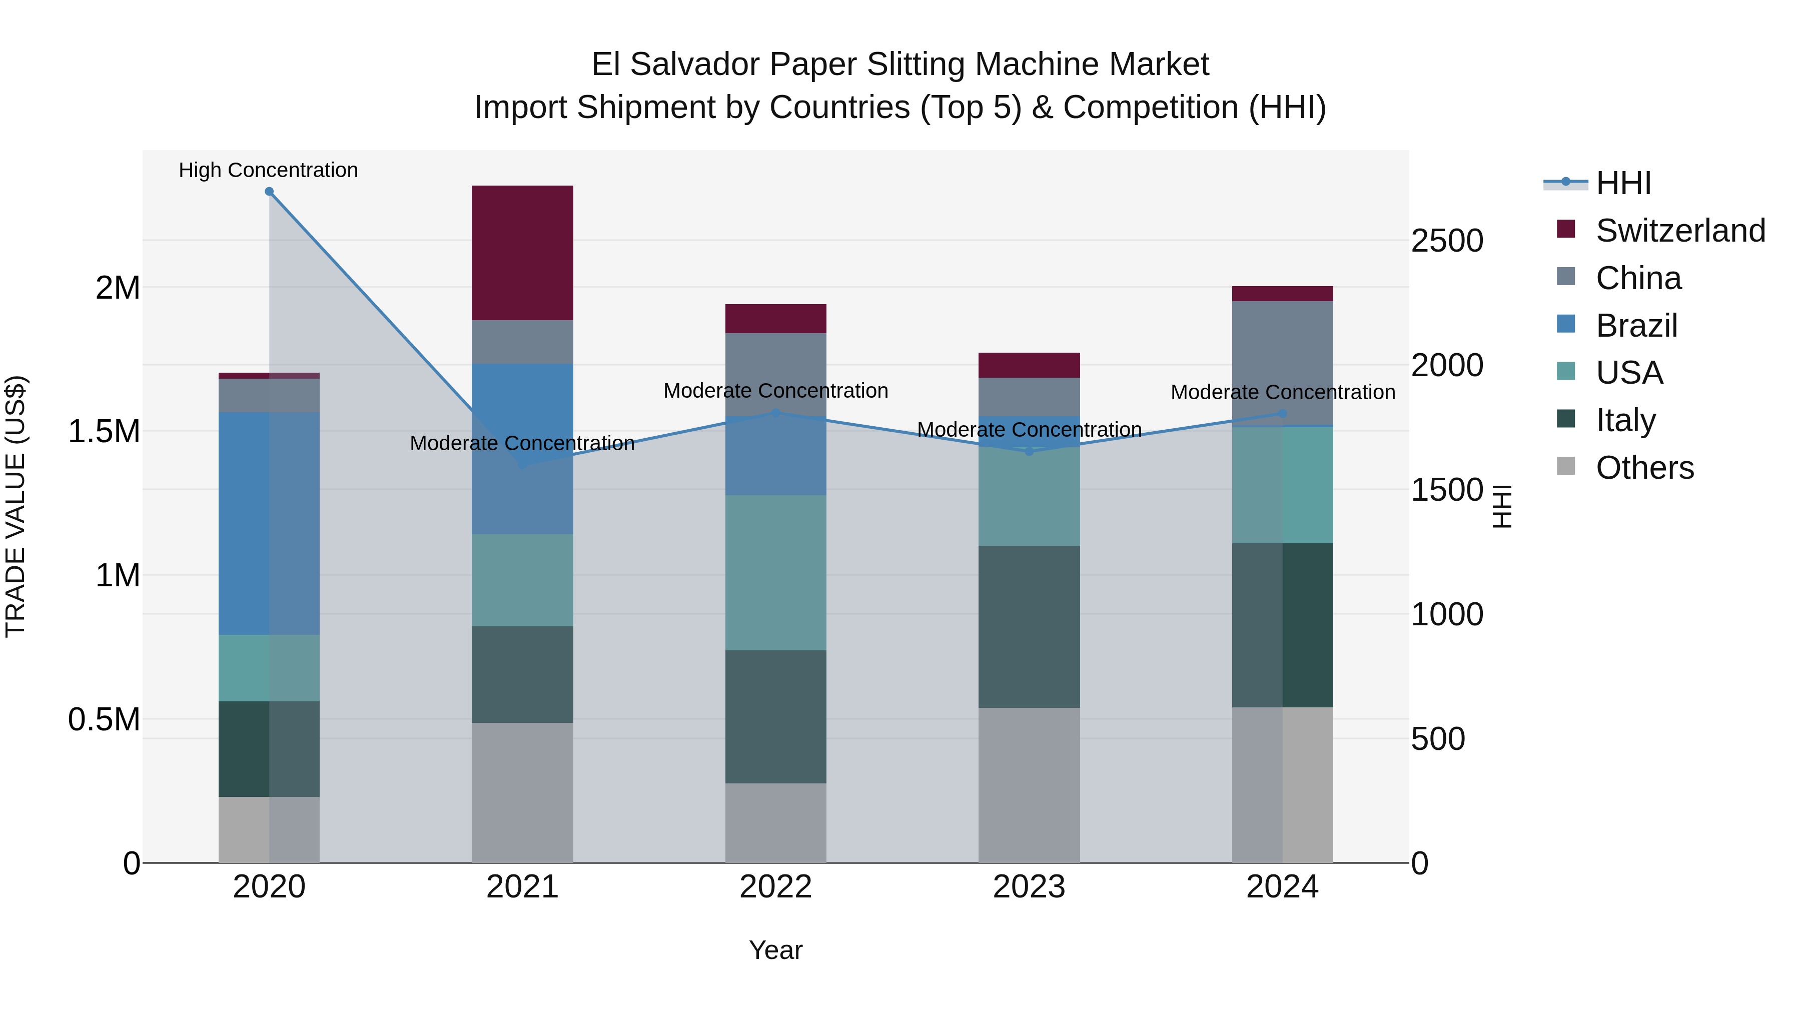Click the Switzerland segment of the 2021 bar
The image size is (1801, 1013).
(522, 253)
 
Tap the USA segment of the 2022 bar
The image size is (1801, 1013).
(775, 573)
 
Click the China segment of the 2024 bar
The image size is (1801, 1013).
(1282, 362)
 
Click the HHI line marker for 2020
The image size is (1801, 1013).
(269, 192)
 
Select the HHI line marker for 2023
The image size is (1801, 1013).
(1029, 452)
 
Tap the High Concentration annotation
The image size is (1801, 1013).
(269, 170)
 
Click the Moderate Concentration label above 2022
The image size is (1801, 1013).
(775, 391)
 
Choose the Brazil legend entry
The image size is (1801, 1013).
(1636, 326)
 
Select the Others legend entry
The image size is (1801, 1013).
(1644, 468)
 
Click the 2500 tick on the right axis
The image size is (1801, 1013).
(1446, 241)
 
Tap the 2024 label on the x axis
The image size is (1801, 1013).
(1282, 887)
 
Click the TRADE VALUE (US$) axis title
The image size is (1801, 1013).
(16, 506)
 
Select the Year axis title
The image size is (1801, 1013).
(775, 950)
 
